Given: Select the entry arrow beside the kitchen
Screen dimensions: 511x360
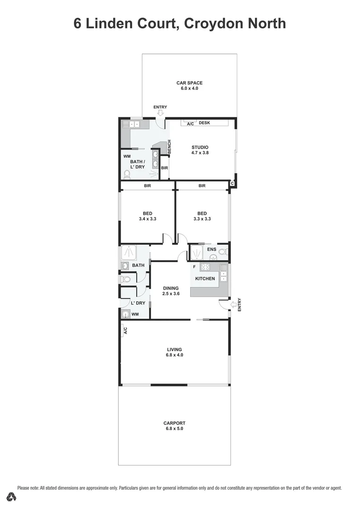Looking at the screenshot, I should pyautogui.click(x=233, y=304).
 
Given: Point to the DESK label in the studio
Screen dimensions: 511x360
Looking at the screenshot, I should pyautogui.click(x=204, y=123).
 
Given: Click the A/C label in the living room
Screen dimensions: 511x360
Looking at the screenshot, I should pyautogui.click(x=125, y=331).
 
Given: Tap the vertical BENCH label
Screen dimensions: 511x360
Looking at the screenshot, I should pyautogui.click(x=169, y=147).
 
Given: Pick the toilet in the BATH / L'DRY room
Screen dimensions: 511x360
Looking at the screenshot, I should pyautogui.click(x=126, y=175).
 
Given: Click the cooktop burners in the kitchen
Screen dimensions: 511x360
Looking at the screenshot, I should pyautogui.click(x=205, y=267).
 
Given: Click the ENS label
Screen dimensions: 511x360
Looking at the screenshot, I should pyautogui.click(x=211, y=249).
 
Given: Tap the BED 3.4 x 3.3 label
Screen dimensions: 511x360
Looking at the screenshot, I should pyautogui.click(x=148, y=216).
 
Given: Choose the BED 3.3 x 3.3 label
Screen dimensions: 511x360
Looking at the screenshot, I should pyautogui.click(x=202, y=216).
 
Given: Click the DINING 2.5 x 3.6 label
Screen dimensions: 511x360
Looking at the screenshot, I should pyautogui.click(x=171, y=291).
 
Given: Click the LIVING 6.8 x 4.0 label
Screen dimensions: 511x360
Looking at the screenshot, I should pyautogui.click(x=174, y=352).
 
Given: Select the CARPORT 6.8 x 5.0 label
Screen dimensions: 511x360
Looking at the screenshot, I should pyautogui.click(x=174, y=426).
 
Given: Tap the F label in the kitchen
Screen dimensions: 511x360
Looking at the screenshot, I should pyautogui.click(x=194, y=267).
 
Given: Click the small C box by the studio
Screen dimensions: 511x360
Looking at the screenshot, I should pyautogui.click(x=232, y=183).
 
